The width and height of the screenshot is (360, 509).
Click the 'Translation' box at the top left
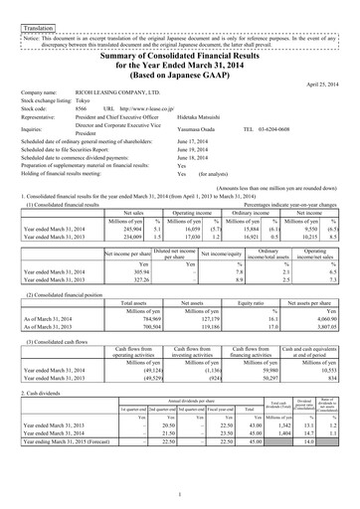(x=39, y=17)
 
